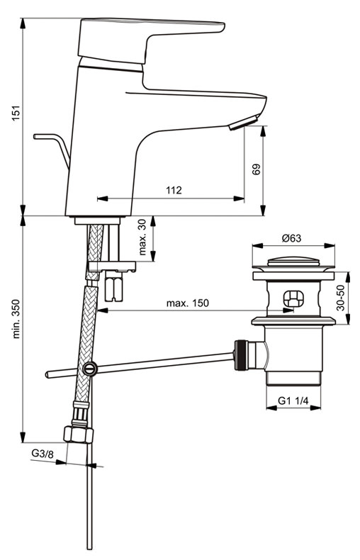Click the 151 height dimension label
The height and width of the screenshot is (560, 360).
[16, 113]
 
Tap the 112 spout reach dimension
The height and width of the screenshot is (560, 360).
[174, 190]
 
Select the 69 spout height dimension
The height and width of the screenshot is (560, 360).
[257, 169]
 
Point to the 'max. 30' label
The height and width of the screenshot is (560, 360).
[142, 237]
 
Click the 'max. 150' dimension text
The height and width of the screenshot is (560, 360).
[188, 303]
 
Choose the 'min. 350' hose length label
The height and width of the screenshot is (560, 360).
[16, 319]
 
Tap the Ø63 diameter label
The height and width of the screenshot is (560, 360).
[292, 238]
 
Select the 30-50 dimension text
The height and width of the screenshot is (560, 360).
[342, 298]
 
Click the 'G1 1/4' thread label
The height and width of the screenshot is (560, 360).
[293, 401]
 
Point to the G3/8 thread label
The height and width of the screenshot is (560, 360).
[43, 454]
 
